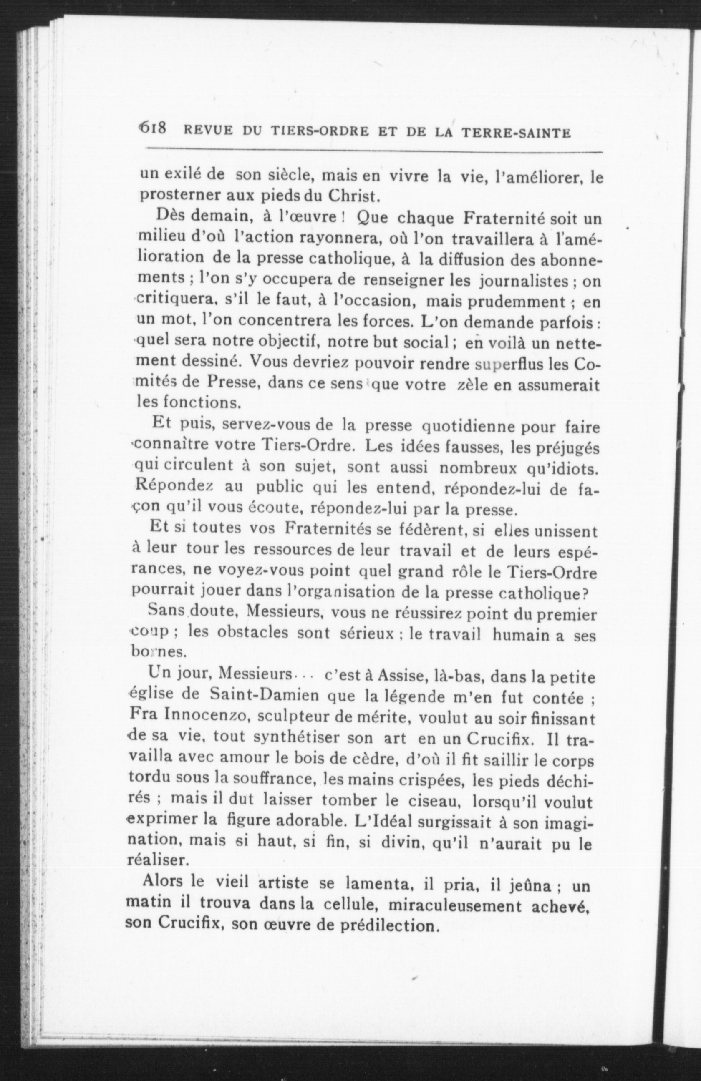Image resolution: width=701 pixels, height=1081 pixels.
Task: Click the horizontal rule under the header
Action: (373, 150)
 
